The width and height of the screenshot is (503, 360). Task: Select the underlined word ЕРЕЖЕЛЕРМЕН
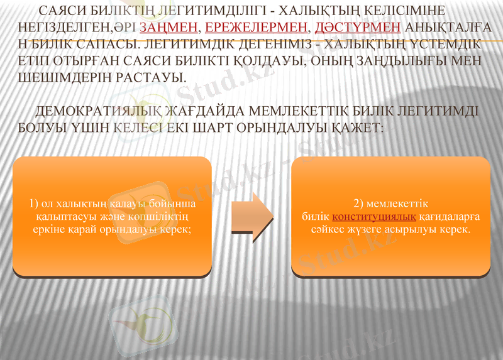tap(257, 28)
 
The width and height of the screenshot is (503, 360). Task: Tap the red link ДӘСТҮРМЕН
tap(358, 28)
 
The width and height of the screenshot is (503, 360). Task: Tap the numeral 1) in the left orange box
tap(35, 204)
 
